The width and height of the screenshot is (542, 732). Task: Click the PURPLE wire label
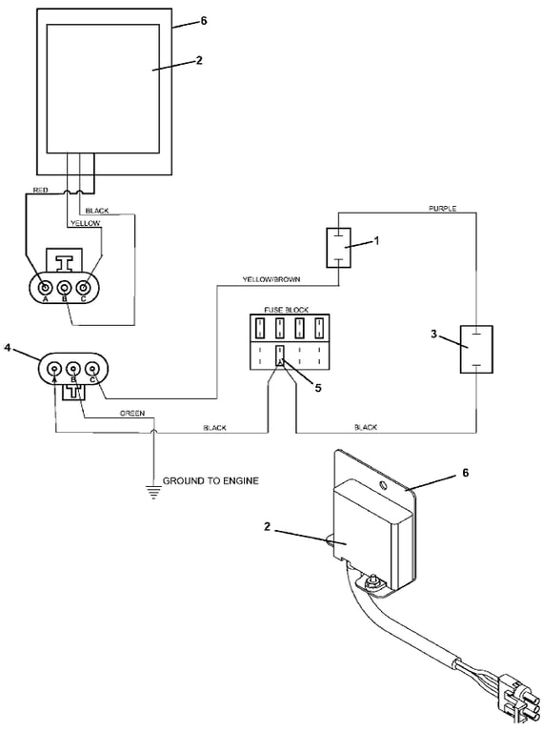(x=442, y=208)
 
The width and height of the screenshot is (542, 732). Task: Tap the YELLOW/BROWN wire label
(x=271, y=279)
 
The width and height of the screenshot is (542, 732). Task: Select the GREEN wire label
(x=132, y=413)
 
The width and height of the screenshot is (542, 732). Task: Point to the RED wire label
(x=40, y=190)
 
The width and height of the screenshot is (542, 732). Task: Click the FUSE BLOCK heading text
(x=287, y=310)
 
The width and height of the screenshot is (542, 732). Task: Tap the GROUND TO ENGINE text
(x=211, y=480)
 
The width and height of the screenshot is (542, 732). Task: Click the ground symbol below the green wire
(x=153, y=493)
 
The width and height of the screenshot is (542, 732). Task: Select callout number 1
(x=377, y=240)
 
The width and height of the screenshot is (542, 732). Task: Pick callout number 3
(x=433, y=335)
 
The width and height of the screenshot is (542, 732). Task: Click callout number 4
(x=8, y=348)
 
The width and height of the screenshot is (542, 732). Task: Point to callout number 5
(x=318, y=388)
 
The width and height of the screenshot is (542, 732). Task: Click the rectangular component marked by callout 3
(x=476, y=349)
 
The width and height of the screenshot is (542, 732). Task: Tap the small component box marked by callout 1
(x=338, y=248)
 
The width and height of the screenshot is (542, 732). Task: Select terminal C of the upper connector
(x=84, y=287)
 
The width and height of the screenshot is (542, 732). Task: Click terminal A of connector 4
(x=55, y=369)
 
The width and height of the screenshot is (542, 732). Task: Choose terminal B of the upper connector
(x=65, y=287)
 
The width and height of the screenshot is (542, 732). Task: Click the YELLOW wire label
(x=86, y=223)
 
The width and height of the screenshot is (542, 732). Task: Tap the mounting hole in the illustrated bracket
(x=384, y=485)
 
